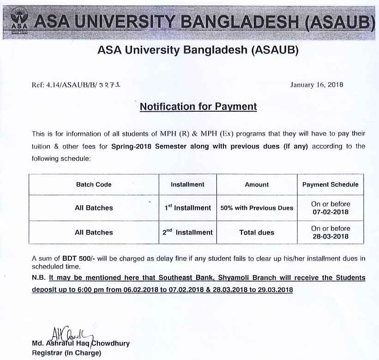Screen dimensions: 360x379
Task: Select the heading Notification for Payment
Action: (x=198, y=107)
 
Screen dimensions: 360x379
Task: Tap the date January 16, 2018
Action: (x=317, y=85)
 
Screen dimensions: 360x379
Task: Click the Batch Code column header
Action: (x=94, y=185)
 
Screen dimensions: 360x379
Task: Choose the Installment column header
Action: (x=187, y=185)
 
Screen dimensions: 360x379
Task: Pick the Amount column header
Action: (x=257, y=185)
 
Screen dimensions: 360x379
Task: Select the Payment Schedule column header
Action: (x=330, y=185)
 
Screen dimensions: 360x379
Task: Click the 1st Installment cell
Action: (x=188, y=208)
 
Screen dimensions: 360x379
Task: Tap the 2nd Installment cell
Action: (x=187, y=233)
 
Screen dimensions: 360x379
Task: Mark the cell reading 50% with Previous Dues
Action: (x=257, y=208)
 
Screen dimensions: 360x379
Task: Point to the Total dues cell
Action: (x=257, y=233)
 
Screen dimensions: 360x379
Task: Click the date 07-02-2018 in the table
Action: (x=330, y=212)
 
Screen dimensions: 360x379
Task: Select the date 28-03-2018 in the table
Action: (x=330, y=237)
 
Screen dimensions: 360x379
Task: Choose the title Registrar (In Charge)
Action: (x=66, y=353)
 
